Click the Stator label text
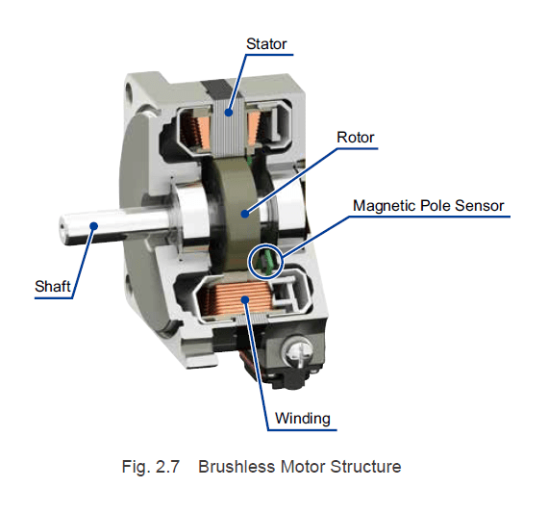(266, 43)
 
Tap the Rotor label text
(355, 138)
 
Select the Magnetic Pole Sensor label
(428, 205)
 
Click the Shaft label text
(52, 286)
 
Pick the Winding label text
(302, 418)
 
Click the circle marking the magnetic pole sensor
(264, 260)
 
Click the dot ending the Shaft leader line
(93, 223)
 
